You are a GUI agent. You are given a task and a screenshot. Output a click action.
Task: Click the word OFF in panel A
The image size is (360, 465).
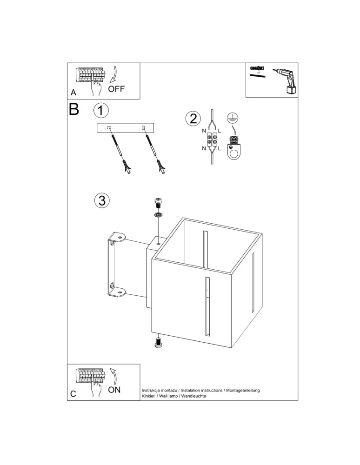(116, 88)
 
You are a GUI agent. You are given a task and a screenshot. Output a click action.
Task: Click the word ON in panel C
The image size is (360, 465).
(114, 390)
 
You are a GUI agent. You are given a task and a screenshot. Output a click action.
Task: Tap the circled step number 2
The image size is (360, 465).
(193, 119)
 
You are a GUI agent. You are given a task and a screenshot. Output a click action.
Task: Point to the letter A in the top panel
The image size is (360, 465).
(73, 93)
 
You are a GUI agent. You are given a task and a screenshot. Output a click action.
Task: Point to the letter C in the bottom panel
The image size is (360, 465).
(73, 394)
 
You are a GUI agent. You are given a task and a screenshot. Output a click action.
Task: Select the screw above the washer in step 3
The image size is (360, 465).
(158, 203)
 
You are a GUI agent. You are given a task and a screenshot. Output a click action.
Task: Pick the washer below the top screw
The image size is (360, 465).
(158, 215)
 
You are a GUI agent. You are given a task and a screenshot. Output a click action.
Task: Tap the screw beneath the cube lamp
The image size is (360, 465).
(158, 343)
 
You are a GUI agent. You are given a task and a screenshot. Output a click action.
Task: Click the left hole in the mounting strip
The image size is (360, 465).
(109, 128)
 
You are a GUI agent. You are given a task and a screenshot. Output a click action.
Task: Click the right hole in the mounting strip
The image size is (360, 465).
(143, 128)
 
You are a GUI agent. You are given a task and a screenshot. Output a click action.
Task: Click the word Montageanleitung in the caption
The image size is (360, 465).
(242, 390)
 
